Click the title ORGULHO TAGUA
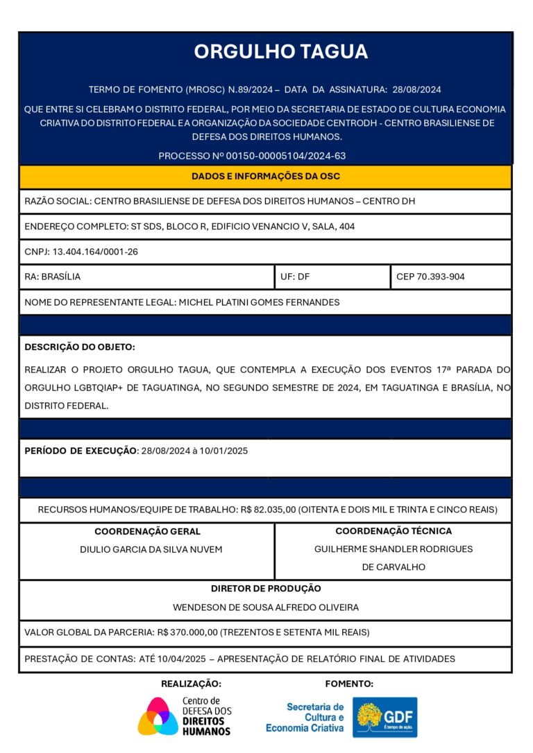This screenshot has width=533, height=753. (x=280, y=51)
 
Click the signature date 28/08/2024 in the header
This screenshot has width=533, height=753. (x=416, y=89)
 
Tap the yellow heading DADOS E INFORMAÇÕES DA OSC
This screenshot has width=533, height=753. (x=266, y=176)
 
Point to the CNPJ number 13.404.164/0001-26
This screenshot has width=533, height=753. (x=95, y=252)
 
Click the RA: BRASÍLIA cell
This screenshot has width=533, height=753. (x=53, y=277)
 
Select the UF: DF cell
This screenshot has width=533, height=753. (x=296, y=277)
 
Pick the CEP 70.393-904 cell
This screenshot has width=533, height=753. (x=430, y=277)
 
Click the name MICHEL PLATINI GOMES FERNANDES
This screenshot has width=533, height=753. (x=260, y=302)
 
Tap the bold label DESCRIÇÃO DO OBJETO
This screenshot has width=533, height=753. (x=80, y=347)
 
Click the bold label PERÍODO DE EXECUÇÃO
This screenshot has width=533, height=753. (x=81, y=451)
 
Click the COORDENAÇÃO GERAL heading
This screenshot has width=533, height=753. (x=147, y=532)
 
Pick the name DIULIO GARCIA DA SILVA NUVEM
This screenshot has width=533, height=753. (x=151, y=550)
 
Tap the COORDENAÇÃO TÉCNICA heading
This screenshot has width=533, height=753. (x=394, y=531)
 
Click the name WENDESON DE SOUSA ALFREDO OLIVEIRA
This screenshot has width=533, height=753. (x=266, y=607)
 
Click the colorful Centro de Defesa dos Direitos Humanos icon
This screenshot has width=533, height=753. (x=158, y=716)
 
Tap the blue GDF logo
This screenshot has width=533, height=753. (x=385, y=717)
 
